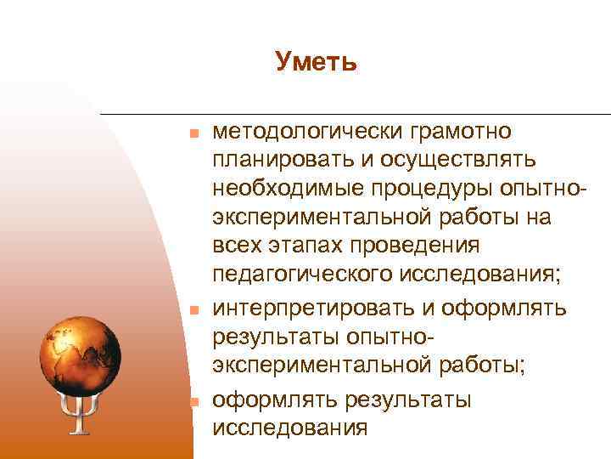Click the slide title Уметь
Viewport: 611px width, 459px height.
(316, 62)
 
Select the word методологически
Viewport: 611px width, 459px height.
(308, 131)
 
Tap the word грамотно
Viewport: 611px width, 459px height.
(461, 131)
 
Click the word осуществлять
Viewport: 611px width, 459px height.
(462, 160)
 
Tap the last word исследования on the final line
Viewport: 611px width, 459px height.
(290, 428)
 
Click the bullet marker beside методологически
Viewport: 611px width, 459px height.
(193, 133)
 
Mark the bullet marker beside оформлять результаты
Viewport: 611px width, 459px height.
(193, 400)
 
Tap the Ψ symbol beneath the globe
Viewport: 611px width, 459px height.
(80, 411)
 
